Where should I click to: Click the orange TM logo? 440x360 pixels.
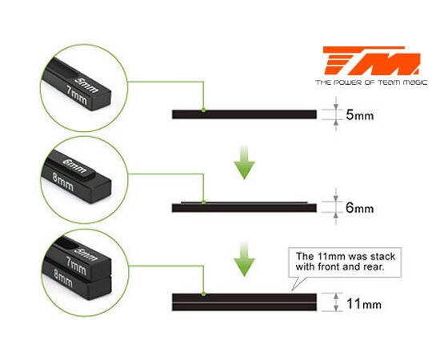[x=372, y=61]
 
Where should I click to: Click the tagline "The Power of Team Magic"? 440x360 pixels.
[x=371, y=82]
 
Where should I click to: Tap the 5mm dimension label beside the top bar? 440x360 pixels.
[x=360, y=115]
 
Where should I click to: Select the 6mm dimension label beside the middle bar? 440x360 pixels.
[x=360, y=208]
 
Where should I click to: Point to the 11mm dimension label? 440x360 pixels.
[x=364, y=304]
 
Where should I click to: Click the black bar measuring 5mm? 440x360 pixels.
[x=245, y=114]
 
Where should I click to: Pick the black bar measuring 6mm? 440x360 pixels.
[x=245, y=207]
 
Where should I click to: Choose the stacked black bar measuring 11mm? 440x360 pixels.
[x=245, y=302]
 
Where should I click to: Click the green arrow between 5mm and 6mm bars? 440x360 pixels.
[x=245, y=162]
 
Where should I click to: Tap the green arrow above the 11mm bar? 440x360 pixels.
[x=245, y=259]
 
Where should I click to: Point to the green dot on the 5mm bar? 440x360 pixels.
[x=203, y=110]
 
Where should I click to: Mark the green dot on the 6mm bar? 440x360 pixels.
[x=203, y=202]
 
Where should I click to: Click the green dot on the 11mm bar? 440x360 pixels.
[x=203, y=294]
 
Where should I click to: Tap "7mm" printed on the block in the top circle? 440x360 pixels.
[x=77, y=95]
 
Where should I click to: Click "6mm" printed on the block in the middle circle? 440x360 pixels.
[x=74, y=166]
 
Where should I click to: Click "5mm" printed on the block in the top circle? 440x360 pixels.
[x=86, y=85]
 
